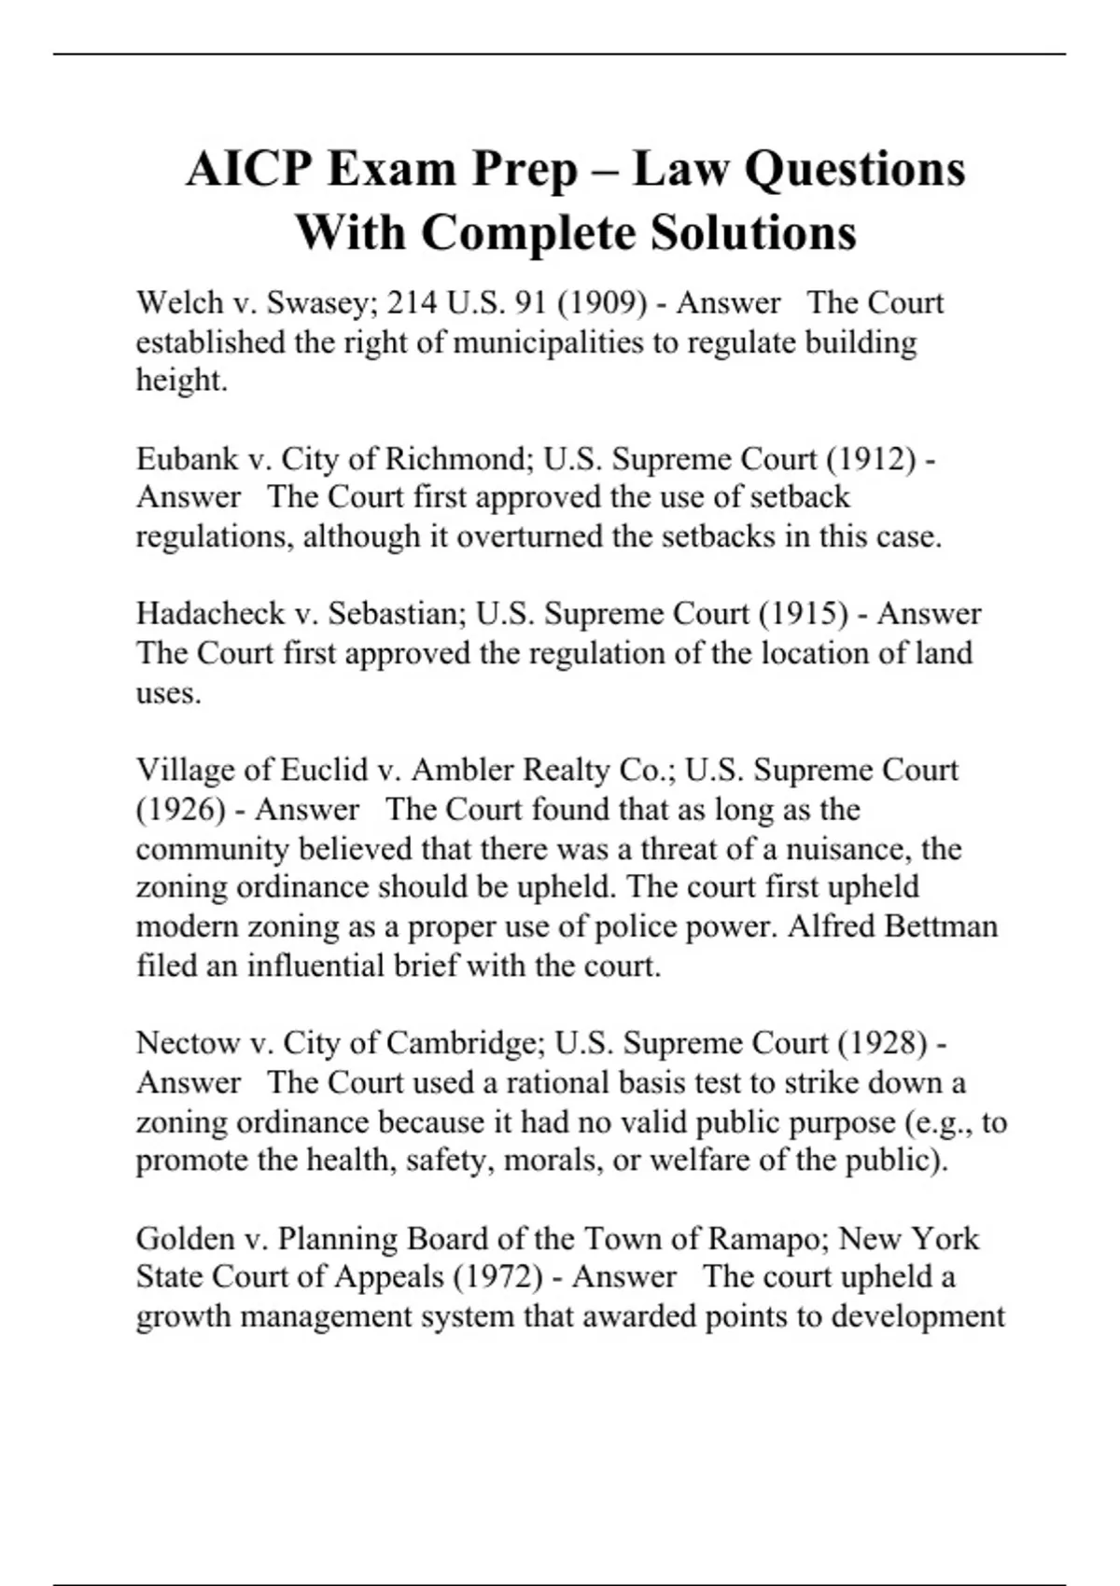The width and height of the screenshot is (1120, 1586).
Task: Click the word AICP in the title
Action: click(x=246, y=170)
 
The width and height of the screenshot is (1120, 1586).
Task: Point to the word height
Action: click(x=181, y=381)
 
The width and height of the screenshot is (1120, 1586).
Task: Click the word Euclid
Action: click(x=324, y=770)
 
